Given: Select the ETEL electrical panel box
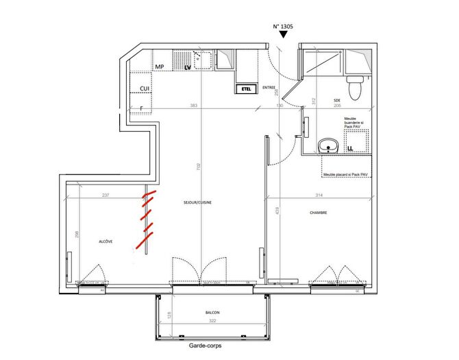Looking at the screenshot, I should click(245, 88).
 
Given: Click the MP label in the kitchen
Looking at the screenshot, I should click(159, 67).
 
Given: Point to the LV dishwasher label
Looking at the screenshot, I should click(188, 67).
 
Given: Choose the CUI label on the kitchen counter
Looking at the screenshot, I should click(145, 89).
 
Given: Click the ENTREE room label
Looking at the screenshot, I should click(269, 87).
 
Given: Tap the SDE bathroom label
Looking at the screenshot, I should click(337, 100).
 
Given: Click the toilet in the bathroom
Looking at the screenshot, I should click(354, 87).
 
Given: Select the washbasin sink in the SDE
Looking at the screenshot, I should click(329, 145).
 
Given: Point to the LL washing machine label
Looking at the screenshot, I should click(350, 147).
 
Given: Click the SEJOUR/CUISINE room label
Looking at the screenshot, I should click(196, 204).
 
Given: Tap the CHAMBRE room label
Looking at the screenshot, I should click(319, 213).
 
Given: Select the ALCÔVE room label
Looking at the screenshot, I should click(106, 242).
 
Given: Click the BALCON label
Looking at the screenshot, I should click(212, 313).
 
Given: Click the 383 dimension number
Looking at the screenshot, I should click(193, 106).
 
